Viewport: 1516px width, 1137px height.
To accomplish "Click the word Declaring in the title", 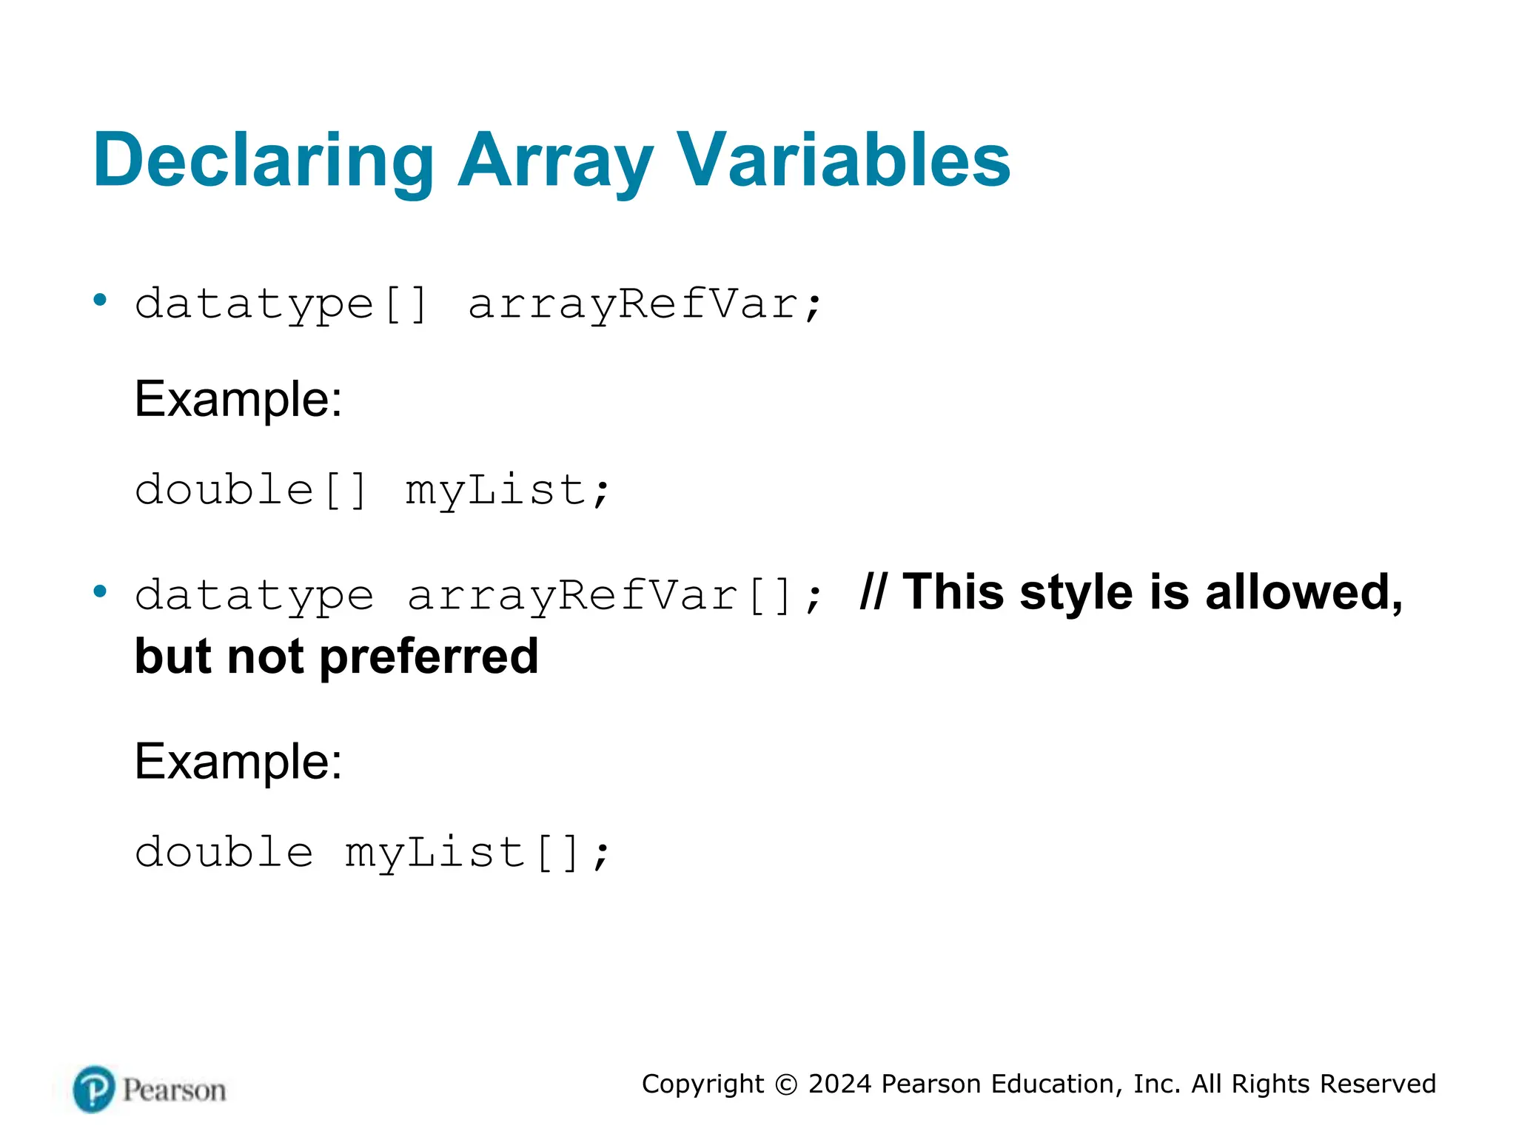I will [x=263, y=161].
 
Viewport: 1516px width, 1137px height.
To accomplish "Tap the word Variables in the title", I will [x=844, y=161].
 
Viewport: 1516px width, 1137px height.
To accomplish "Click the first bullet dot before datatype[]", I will [x=100, y=300].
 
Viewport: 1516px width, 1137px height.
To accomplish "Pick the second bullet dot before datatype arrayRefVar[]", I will [x=100, y=591].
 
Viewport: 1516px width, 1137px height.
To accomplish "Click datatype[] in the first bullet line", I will [x=281, y=304].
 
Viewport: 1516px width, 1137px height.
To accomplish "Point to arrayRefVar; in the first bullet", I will [x=644, y=304].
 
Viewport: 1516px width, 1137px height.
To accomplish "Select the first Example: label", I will [x=238, y=399].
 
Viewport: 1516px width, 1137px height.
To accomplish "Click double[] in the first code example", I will [x=251, y=490].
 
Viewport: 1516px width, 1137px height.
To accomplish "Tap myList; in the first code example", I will [x=507, y=490].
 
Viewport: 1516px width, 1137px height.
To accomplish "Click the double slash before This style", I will [x=873, y=592].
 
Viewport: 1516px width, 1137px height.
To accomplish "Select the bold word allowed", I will [x=1304, y=592].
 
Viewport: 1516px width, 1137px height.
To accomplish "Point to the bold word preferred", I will [x=429, y=657].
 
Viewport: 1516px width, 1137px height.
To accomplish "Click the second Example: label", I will [x=238, y=762].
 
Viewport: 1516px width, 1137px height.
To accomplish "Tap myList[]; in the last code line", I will [x=477, y=853].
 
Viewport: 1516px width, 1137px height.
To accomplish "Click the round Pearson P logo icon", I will [x=94, y=1090].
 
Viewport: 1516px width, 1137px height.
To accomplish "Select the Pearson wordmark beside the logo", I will [x=174, y=1090].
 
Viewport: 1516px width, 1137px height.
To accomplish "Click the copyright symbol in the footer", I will [x=786, y=1084].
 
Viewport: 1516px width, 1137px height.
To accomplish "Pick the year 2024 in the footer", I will [x=840, y=1084].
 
